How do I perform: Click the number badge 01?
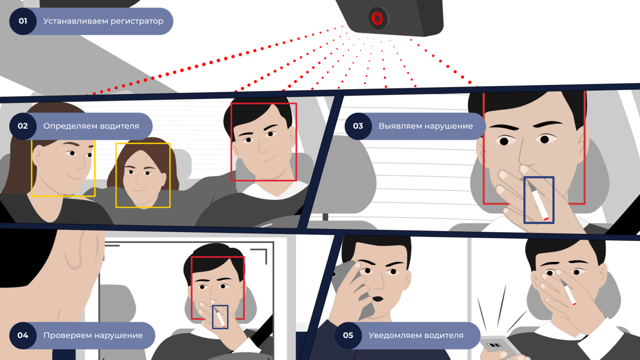[x=23, y=21]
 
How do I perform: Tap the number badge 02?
[x=23, y=126]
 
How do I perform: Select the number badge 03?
[x=358, y=126]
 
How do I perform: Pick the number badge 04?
[x=23, y=336]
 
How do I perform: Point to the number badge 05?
[x=348, y=336]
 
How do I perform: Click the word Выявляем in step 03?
[x=399, y=126]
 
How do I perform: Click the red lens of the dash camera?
[x=377, y=19]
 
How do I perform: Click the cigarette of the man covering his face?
[x=568, y=293]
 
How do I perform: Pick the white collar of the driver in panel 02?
[x=274, y=190]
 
